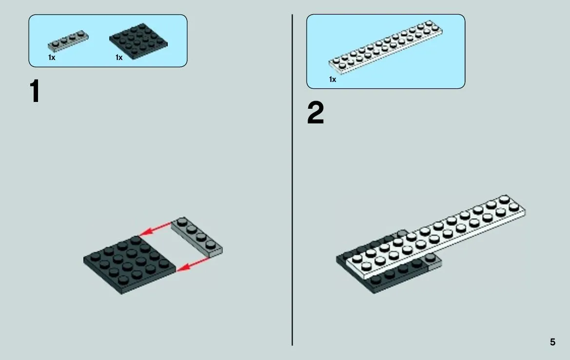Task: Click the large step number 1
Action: point(35,91)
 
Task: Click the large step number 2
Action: point(315,113)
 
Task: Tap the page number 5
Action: point(552,342)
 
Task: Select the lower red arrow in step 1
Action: point(194,264)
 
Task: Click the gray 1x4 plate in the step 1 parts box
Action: point(68,40)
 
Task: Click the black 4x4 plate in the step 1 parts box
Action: point(138,41)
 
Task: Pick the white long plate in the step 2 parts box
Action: point(386,47)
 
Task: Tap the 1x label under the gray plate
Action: point(52,58)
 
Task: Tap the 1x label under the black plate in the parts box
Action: point(119,58)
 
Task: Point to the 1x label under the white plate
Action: point(333,80)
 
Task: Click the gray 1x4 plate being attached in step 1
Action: point(197,237)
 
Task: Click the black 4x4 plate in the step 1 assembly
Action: point(130,265)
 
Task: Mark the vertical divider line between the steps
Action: point(292,180)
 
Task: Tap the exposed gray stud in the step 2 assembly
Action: point(431,258)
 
